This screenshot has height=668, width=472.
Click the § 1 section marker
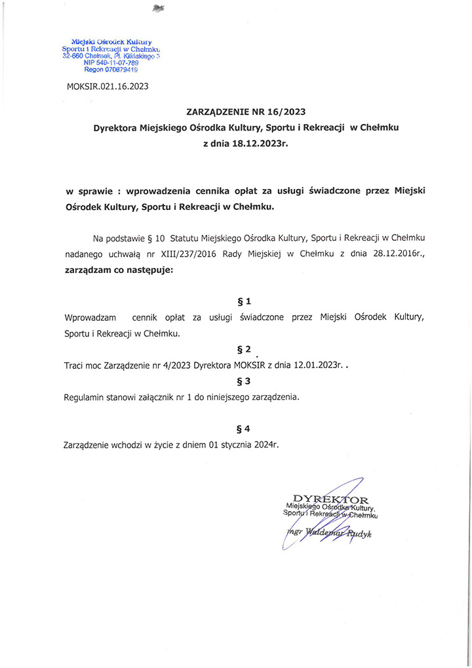244,302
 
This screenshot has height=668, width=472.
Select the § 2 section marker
244,349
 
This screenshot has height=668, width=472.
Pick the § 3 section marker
244,381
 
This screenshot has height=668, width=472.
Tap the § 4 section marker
244,429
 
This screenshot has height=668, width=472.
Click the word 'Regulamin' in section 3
86,397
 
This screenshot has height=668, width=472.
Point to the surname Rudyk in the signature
359,534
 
